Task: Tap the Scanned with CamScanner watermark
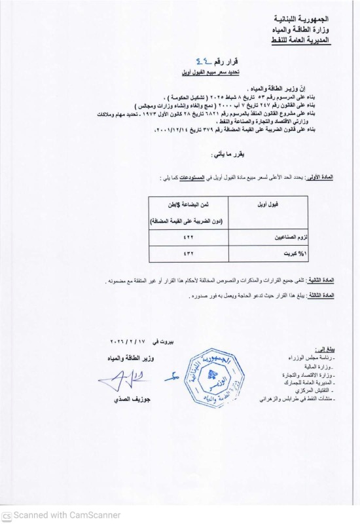tap(62, 515)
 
